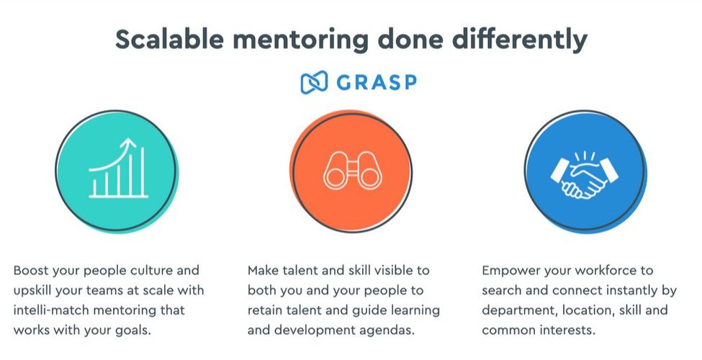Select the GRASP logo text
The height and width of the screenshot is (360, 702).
pyautogui.click(x=375, y=82)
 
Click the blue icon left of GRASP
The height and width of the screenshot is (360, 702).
pyautogui.click(x=313, y=82)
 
